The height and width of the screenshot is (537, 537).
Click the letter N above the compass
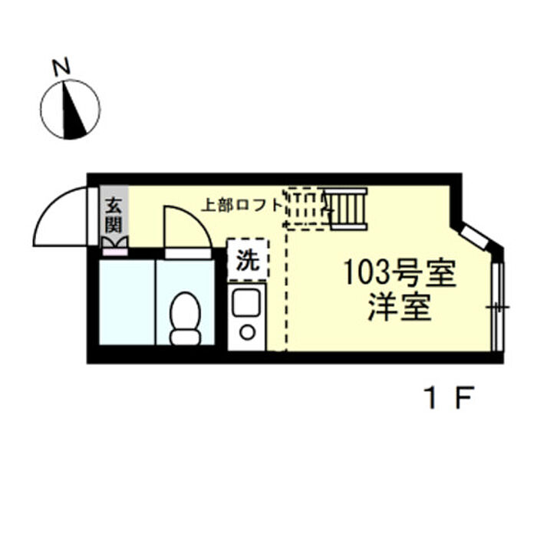pyautogui.click(x=61, y=68)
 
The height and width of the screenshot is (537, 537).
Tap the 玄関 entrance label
pyautogui.click(x=114, y=216)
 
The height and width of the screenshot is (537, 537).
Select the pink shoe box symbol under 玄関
pyautogui.click(x=115, y=252)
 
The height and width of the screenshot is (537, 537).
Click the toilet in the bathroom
pyautogui.click(x=186, y=318)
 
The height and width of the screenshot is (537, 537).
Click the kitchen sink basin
pyautogui.click(x=246, y=302)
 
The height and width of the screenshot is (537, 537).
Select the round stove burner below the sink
pyautogui.click(x=247, y=332)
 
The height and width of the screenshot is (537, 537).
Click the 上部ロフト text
pyautogui.click(x=241, y=206)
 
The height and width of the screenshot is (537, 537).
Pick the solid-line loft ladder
pyautogui.click(x=346, y=209)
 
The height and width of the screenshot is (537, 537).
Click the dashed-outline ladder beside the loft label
pyautogui.click(x=307, y=209)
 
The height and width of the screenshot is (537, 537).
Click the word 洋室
pyautogui.click(x=400, y=307)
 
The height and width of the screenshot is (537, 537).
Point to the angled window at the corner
pyautogui.click(x=474, y=236)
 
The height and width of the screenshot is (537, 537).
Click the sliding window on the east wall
pyautogui.click(x=498, y=307)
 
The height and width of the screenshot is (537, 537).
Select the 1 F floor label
pyautogui.click(x=449, y=397)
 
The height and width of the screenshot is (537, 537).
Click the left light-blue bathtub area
pyautogui.click(x=127, y=302)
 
